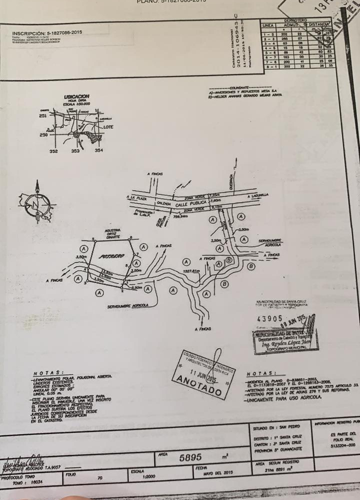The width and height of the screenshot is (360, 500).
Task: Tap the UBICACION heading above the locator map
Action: pyautogui.click(x=76, y=96)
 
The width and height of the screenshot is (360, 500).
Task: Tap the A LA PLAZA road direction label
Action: pyautogui.click(x=135, y=198)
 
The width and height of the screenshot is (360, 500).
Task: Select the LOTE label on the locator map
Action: pyautogui.click(x=108, y=127)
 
